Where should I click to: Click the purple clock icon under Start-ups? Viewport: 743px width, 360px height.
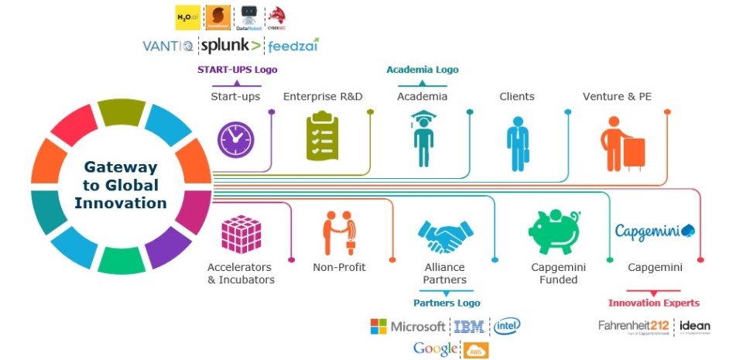[x=235, y=140]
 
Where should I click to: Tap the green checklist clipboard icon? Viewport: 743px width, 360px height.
[x=322, y=137]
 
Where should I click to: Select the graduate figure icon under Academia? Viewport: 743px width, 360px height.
[x=422, y=139]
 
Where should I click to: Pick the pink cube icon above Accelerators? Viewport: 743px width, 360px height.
[x=241, y=235]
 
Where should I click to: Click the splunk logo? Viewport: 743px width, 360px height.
[x=231, y=45]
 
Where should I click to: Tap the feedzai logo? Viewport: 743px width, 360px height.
[x=293, y=46]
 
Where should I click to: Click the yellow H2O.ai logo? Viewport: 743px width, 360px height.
[x=188, y=17]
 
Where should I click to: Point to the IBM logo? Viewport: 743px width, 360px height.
[x=469, y=327]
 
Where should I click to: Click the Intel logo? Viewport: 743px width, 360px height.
[x=507, y=325]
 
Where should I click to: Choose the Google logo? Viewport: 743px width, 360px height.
[x=434, y=349]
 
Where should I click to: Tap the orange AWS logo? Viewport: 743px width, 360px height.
[x=475, y=350]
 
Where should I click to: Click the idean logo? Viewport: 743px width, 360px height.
[x=694, y=326]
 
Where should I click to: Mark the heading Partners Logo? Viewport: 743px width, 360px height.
[x=446, y=303]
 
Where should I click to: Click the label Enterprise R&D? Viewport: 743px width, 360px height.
[x=322, y=97]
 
